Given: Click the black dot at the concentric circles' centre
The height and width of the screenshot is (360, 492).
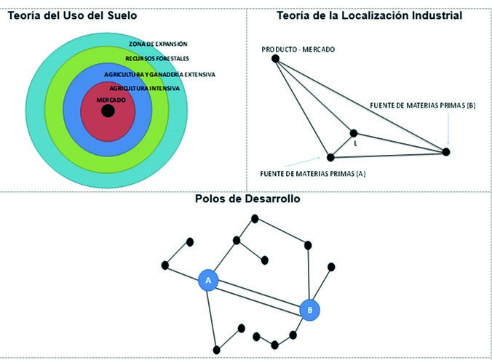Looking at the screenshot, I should click(108, 111).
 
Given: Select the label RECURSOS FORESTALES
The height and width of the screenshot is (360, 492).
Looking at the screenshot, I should click(157, 58).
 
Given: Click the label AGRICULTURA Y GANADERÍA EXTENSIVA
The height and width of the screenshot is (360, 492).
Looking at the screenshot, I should click(159, 74).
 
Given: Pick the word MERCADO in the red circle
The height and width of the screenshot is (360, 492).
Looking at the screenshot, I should click(111, 99).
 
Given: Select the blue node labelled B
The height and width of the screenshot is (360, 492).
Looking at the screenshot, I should click(310, 309).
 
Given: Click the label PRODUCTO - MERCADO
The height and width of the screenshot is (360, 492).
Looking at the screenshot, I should click(298, 49).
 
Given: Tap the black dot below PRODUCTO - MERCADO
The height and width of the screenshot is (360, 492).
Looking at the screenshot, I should click(275, 58).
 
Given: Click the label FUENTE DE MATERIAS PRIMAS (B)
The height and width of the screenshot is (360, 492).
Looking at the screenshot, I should click(422, 105).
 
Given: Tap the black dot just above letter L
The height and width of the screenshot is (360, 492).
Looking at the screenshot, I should click(354, 133).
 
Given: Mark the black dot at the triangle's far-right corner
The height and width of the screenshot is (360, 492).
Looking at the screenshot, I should click(446, 151).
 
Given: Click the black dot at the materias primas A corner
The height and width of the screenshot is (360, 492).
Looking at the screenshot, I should click(330, 157).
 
